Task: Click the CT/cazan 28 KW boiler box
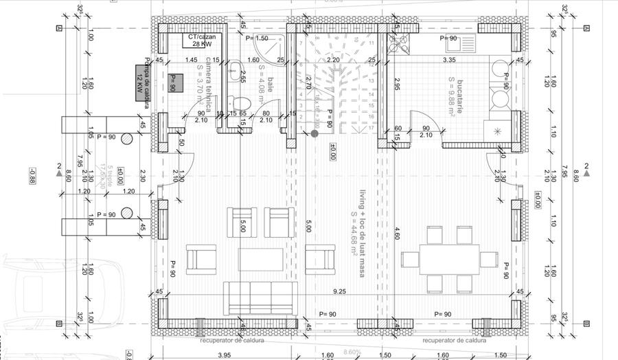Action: coord(198,41)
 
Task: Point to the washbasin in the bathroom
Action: coord(233,69)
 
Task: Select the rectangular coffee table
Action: coord(260,260)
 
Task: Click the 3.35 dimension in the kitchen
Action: coord(449,60)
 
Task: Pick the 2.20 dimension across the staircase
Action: coord(333,60)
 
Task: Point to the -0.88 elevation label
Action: coord(32,175)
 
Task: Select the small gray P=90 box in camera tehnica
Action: coord(173,83)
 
